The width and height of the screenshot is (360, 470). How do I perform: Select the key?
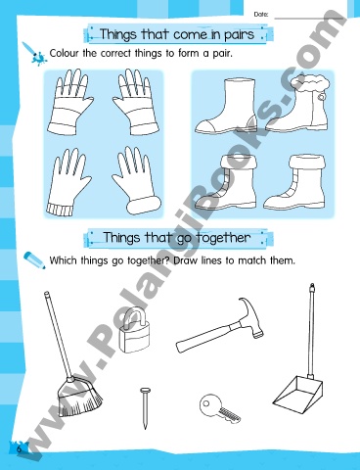pyautogui.click(x=217, y=406)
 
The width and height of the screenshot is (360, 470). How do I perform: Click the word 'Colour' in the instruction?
pyautogui.click(x=69, y=53)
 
